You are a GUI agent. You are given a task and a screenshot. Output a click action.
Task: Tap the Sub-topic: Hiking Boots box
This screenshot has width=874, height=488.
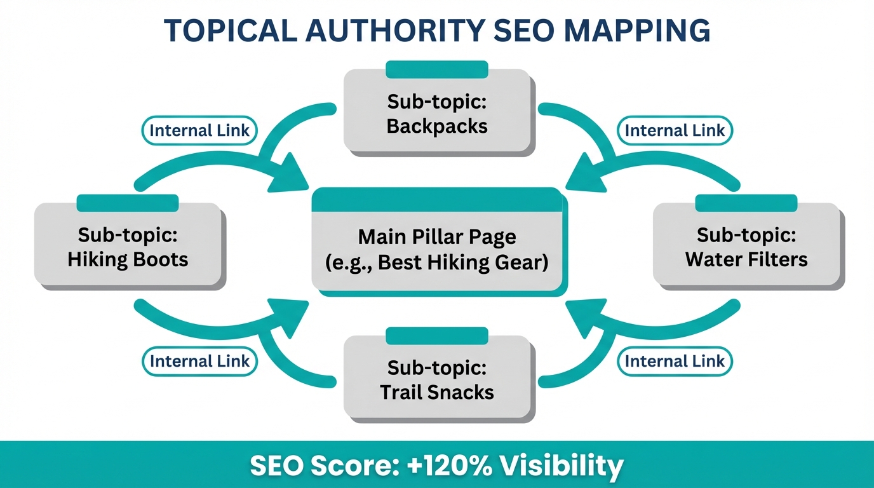pos(128,247)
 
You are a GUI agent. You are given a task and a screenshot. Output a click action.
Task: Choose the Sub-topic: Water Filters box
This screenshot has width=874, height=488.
pos(746,247)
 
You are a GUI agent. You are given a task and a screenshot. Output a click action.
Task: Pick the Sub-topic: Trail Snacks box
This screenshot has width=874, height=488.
pos(438,379)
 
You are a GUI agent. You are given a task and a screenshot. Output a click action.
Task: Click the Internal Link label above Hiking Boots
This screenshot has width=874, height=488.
pos(199,131)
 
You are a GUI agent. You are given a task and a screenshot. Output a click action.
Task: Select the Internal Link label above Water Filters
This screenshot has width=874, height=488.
pos(675,131)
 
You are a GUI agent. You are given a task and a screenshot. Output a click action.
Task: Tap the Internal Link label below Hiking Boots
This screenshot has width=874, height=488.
pos(199,362)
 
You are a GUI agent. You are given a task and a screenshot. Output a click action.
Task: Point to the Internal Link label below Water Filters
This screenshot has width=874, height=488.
pos(675,362)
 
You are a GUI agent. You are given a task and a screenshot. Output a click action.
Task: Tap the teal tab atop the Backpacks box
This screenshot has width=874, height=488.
pos(437,69)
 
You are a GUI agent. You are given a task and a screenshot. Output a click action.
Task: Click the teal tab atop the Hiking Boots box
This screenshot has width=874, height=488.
pos(128,203)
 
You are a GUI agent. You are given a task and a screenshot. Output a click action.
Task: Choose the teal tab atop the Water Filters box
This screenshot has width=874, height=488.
pos(746,203)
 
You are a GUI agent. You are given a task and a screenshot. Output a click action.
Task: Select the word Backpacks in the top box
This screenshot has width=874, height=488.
pos(438,126)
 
